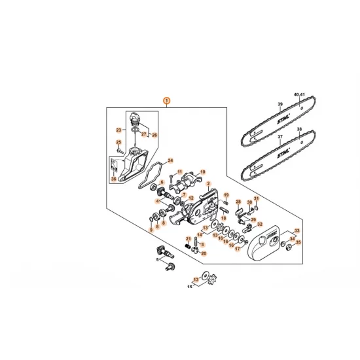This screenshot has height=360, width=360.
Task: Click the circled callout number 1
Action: [167, 101]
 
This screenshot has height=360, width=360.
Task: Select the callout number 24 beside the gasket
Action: [171, 159]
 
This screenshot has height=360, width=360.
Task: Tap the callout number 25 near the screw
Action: [118, 143]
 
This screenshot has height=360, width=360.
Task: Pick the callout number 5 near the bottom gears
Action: [158, 259]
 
